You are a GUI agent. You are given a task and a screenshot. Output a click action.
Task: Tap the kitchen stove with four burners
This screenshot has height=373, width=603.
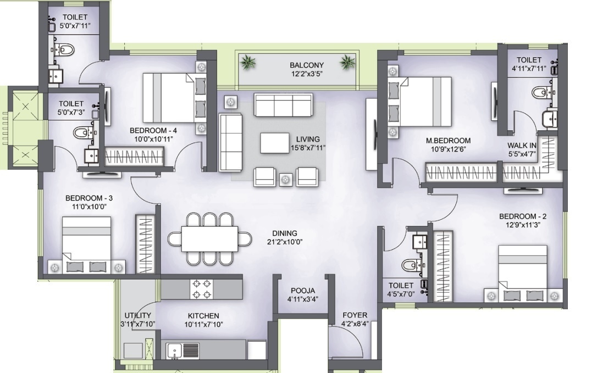[x=202, y=289]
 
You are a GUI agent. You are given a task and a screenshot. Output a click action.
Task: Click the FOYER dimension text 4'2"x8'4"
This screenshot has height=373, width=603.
[x=355, y=324]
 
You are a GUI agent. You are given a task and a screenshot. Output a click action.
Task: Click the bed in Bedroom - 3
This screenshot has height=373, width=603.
[x=86, y=244]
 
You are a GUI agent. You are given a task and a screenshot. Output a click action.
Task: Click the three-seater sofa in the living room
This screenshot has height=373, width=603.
[x=283, y=104]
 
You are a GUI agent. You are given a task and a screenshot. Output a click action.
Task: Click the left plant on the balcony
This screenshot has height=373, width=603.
[x=248, y=63]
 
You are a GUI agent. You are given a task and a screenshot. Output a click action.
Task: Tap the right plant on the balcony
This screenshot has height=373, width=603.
[x=346, y=62]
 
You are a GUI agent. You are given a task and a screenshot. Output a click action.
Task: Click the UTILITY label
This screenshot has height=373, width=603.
[x=137, y=315]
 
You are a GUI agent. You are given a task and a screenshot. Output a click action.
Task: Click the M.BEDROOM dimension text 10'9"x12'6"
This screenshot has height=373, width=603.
[x=448, y=149]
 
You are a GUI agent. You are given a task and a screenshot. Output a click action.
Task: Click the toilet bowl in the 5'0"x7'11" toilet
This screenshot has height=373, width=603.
[x=65, y=50]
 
